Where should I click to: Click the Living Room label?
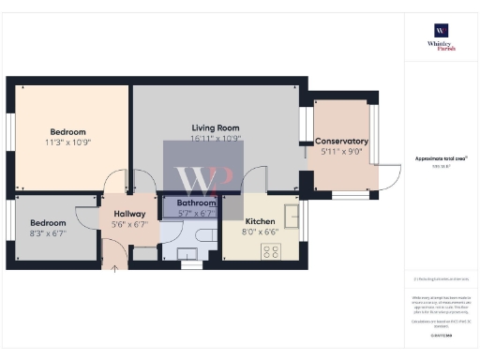tap(217, 127)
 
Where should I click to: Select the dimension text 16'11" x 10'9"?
tap(217, 139)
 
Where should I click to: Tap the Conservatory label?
tap(341, 142)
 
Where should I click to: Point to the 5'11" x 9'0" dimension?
tap(341, 152)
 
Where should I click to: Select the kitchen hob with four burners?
tap(272, 250)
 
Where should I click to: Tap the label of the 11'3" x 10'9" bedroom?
tap(67, 132)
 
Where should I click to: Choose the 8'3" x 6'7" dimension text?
tap(49, 232)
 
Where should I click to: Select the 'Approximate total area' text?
tap(441, 158)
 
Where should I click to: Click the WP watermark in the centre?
tap(196, 178)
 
